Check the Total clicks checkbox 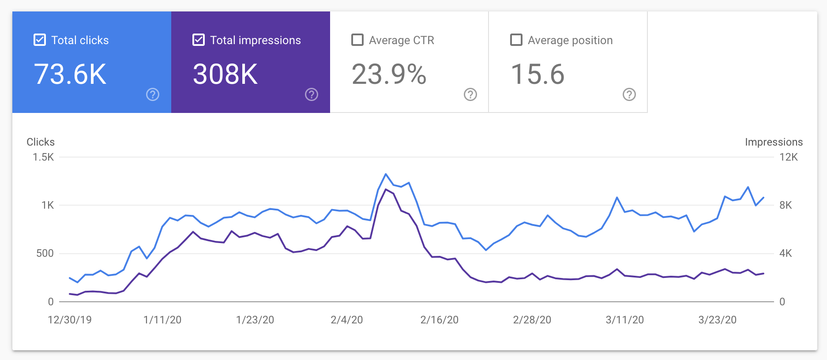pyautogui.click(x=40, y=40)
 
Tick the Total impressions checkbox pyautogui.click(x=199, y=40)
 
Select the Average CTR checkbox pyautogui.click(x=357, y=40)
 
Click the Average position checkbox pyautogui.click(x=516, y=40)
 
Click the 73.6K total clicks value pyautogui.click(x=70, y=74)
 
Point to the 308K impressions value pyautogui.click(x=226, y=74)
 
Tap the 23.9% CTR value pyautogui.click(x=389, y=74)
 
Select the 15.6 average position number pyautogui.click(x=538, y=74)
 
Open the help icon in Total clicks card pyautogui.click(x=153, y=94)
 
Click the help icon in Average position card pyautogui.click(x=629, y=94)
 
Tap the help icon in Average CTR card pyautogui.click(x=470, y=94)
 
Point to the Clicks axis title pyautogui.click(x=41, y=142)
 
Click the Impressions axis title pyautogui.click(x=774, y=142)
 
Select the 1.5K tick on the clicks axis pyautogui.click(x=43, y=157)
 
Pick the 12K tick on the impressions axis pyautogui.click(x=789, y=157)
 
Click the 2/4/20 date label pyautogui.click(x=347, y=320)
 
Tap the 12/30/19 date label pyautogui.click(x=70, y=320)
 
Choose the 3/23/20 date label pyautogui.click(x=718, y=320)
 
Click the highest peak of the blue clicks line pyautogui.click(x=386, y=174)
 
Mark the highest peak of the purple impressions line pyautogui.click(x=386, y=189)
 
